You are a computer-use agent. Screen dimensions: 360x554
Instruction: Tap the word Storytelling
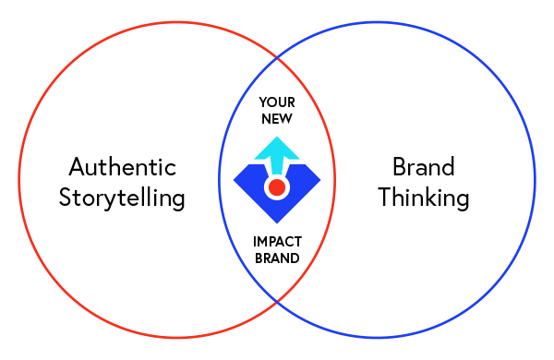122,198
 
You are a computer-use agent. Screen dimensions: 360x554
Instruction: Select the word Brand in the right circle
424,167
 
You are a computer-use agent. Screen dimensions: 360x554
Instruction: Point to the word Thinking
424,198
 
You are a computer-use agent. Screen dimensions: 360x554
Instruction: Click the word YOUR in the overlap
277,102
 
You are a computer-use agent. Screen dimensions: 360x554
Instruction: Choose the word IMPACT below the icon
277,242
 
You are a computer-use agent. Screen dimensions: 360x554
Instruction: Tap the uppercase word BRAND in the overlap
277,258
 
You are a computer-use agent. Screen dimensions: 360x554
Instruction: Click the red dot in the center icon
276,187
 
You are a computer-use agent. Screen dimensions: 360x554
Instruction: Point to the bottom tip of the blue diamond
277,222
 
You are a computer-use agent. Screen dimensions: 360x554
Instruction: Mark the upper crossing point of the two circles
277,57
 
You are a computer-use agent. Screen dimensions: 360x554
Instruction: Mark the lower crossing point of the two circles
277,303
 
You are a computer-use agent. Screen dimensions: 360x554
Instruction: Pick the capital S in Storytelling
66,198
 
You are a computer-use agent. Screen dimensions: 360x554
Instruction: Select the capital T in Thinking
385,197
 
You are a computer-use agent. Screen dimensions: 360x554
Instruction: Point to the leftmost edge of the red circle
18,180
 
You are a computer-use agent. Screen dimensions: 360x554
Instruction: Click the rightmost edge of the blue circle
535,180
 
